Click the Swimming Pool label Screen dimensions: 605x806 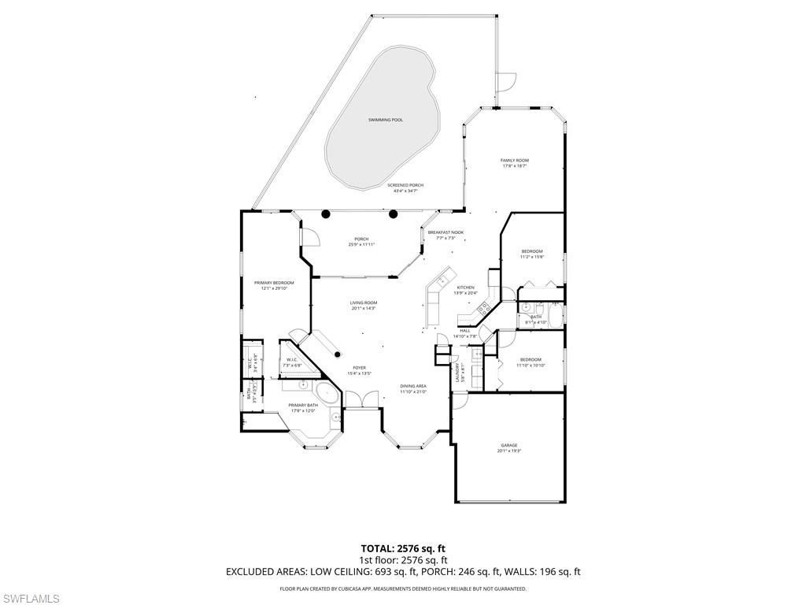[x=386, y=120]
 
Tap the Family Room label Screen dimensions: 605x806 [x=515, y=161]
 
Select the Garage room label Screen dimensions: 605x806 [x=509, y=445]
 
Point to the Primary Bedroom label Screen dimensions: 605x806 [x=274, y=283]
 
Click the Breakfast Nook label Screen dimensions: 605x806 [x=446, y=232]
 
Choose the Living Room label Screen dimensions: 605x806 [x=364, y=302]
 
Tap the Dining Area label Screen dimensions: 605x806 [x=413, y=386]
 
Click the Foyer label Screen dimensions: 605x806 [x=359, y=367]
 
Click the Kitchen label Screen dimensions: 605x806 [x=465, y=288]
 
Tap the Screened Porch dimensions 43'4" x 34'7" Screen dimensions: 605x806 [x=405, y=191]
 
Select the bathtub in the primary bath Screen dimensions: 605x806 [x=324, y=395]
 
